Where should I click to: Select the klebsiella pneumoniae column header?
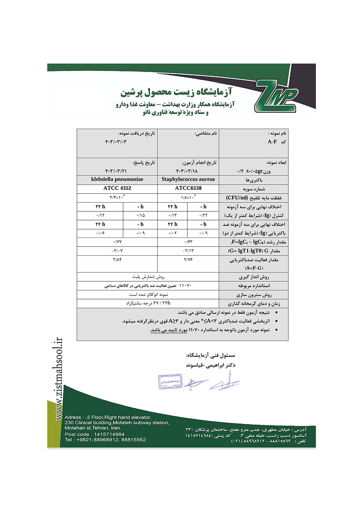(117, 179)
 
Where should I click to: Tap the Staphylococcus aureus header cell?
(188, 179)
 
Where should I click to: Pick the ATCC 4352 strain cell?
(117, 188)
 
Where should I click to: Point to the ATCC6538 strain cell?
(188, 188)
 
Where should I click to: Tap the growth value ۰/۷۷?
(117, 242)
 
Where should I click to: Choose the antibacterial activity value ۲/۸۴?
(117, 260)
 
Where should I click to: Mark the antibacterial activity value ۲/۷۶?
(188, 260)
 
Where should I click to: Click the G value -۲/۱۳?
(188, 251)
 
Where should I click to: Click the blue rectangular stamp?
(170, 382)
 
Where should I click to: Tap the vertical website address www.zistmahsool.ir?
(59, 379)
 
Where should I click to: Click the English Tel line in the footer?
(105, 440)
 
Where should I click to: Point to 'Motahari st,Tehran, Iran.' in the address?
(93, 428)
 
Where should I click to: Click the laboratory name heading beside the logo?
(176, 92)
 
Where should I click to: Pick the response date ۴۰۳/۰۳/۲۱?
(116, 171)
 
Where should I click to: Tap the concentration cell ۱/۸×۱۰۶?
(188, 198)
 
